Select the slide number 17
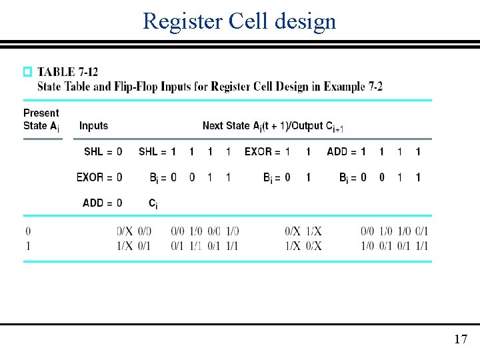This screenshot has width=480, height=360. (x=461, y=339)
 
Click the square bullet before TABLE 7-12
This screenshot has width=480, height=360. (x=27, y=71)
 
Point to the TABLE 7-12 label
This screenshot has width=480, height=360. (x=67, y=71)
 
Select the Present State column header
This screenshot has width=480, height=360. (x=41, y=119)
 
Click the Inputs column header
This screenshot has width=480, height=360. (x=93, y=125)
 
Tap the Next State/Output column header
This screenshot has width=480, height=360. (x=273, y=125)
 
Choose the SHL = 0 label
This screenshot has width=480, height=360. (x=103, y=152)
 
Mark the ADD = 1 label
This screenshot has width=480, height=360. (x=346, y=152)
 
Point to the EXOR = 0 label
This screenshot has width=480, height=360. (x=99, y=177)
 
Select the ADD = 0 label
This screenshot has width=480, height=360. (x=102, y=203)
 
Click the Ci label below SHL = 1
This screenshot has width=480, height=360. (x=153, y=203)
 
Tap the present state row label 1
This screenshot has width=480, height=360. (x=27, y=246)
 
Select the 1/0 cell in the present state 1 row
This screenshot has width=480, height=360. (x=367, y=246)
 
